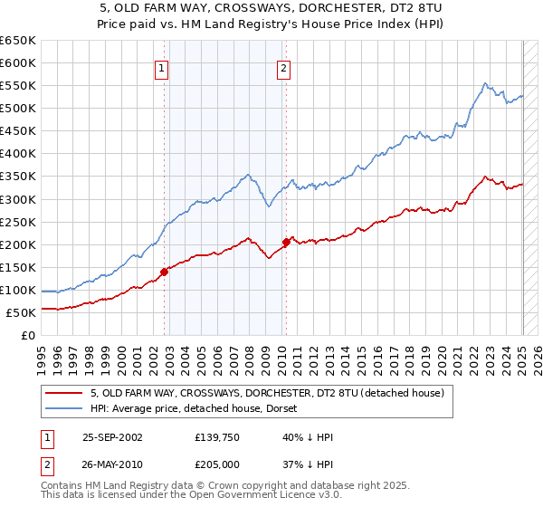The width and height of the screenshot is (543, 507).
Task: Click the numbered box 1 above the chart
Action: click(x=161, y=68)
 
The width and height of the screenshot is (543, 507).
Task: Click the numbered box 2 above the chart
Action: click(x=283, y=68)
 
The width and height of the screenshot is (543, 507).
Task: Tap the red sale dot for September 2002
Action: click(x=165, y=272)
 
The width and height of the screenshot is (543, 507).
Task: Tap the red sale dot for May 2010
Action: click(x=286, y=242)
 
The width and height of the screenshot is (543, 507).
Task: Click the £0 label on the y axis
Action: click(x=29, y=336)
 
